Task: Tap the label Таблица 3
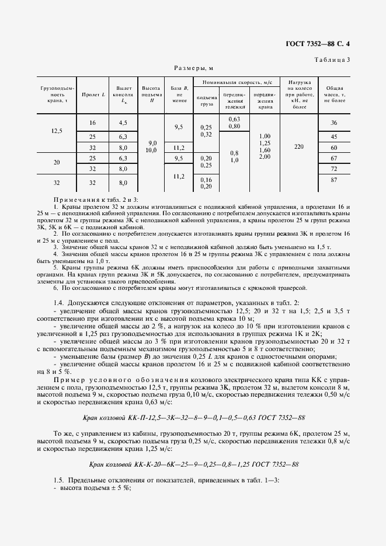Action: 332,60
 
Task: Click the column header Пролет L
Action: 93,94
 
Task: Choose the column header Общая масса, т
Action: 335,94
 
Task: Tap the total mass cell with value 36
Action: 335,123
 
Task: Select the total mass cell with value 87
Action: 335,181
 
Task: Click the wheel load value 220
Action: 300,147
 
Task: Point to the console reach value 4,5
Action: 123,123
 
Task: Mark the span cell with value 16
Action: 92,123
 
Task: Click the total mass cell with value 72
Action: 335,169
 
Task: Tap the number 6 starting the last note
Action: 55,288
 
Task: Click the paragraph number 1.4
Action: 58,304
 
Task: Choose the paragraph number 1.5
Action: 58,480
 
